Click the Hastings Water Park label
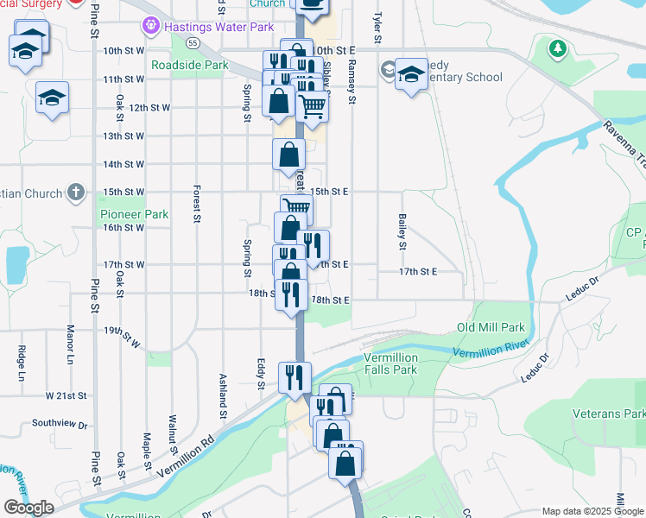coord(218,28)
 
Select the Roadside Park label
coord(189,65)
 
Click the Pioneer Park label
coord(134,214)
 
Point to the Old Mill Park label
coord(491,328)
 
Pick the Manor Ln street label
coord(71,343)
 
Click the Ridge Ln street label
coord(21,363)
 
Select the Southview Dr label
coord(60,424)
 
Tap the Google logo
coord(29,508)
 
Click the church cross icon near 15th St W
coord(76,192)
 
